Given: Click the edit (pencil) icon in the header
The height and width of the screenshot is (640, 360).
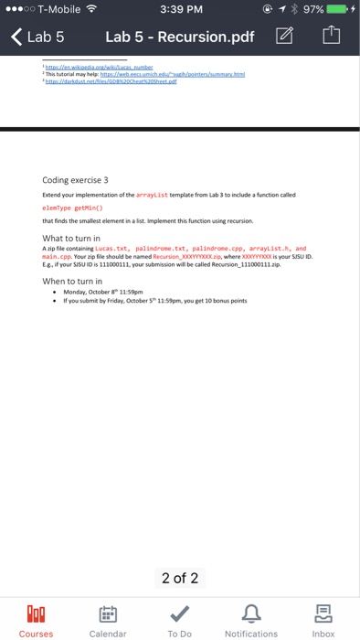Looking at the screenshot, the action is pyautogui.click(x=284, y=37).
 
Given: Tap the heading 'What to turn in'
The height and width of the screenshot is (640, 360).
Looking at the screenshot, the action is pyautogui.click(x=77, y=238).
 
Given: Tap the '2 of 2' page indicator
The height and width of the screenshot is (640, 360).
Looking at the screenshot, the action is pyautogui.click(x=180, y=578).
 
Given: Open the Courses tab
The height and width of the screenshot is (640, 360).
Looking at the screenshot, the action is pyautogui.click(x=37, y=618).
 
